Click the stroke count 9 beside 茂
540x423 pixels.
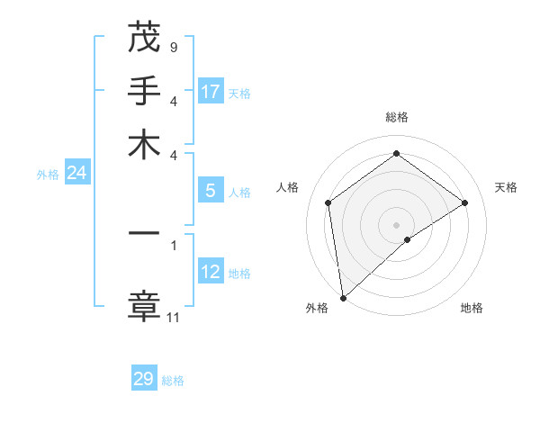tap(173, 47)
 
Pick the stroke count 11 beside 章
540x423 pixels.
tap(174, 317)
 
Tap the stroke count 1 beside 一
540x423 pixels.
tap(174, 244)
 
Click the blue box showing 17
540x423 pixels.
tap(211, 92)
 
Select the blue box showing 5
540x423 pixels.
tap(211, 191)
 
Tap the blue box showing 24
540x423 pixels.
tap(76, 173)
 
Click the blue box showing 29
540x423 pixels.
tap(144, 379)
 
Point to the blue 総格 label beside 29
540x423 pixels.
tap(173, 381)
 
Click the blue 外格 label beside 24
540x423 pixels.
tap(48, 175)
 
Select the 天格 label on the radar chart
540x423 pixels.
tap(506, 187)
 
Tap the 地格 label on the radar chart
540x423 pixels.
tap(472, 308)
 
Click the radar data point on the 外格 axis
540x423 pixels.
tap(342, 298)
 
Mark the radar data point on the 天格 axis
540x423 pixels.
tap(465, 202)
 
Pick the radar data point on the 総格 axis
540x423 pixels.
tap(396, 154)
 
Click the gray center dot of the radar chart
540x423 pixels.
tap(396, 224)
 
